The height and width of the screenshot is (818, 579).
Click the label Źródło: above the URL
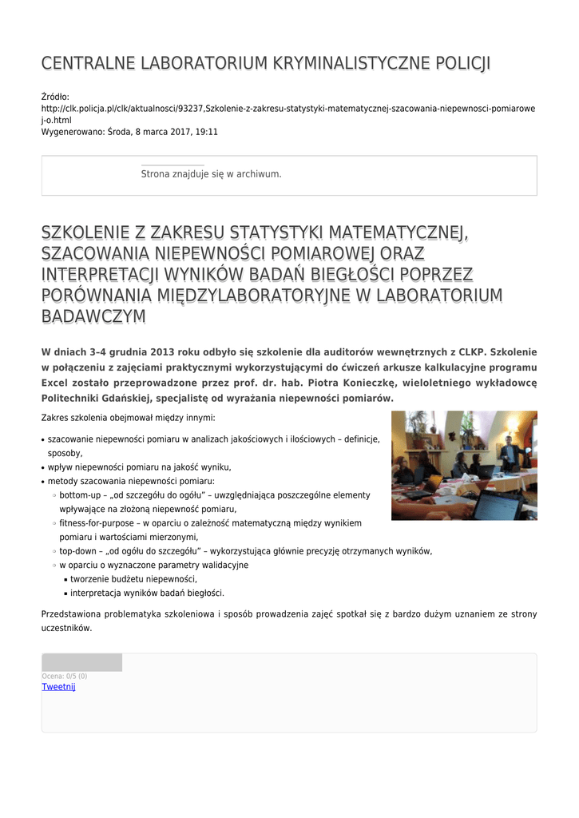pyautogui.click(x=55, y=97)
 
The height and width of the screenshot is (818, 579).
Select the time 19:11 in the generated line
pyautogui.click(x=207, y=132)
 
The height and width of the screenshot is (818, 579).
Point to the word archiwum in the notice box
pyautogui.click(x=263, y=174)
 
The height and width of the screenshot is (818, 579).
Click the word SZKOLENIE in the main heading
pyautogui.click(x=85, y=233)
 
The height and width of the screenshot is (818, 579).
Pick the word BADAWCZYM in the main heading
pyautogui.click(x=93, y=316)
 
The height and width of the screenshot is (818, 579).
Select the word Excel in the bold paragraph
pyautogui.click(x=54, y=383)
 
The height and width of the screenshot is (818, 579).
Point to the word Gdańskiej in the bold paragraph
pyautogui.click(x=138, y=398)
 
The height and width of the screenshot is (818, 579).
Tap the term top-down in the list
pyautogui.click(x=77, y=551)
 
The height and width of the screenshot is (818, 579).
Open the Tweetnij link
pyautogui.click(x=58, y=687)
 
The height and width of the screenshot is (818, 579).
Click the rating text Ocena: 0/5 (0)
pyautogui.click(x=64, y=677)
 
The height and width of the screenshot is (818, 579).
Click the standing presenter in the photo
pyautogui.click(x=509, y=455)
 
